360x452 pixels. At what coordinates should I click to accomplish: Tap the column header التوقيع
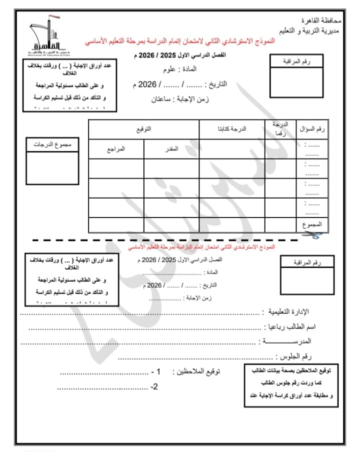[x=144, y=129]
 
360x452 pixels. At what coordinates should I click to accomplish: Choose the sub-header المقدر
[x=171, y=149]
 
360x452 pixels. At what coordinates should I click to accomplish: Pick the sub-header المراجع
[x=116, y=149]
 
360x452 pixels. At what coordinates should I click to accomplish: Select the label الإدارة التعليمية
[x=289, y=312]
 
